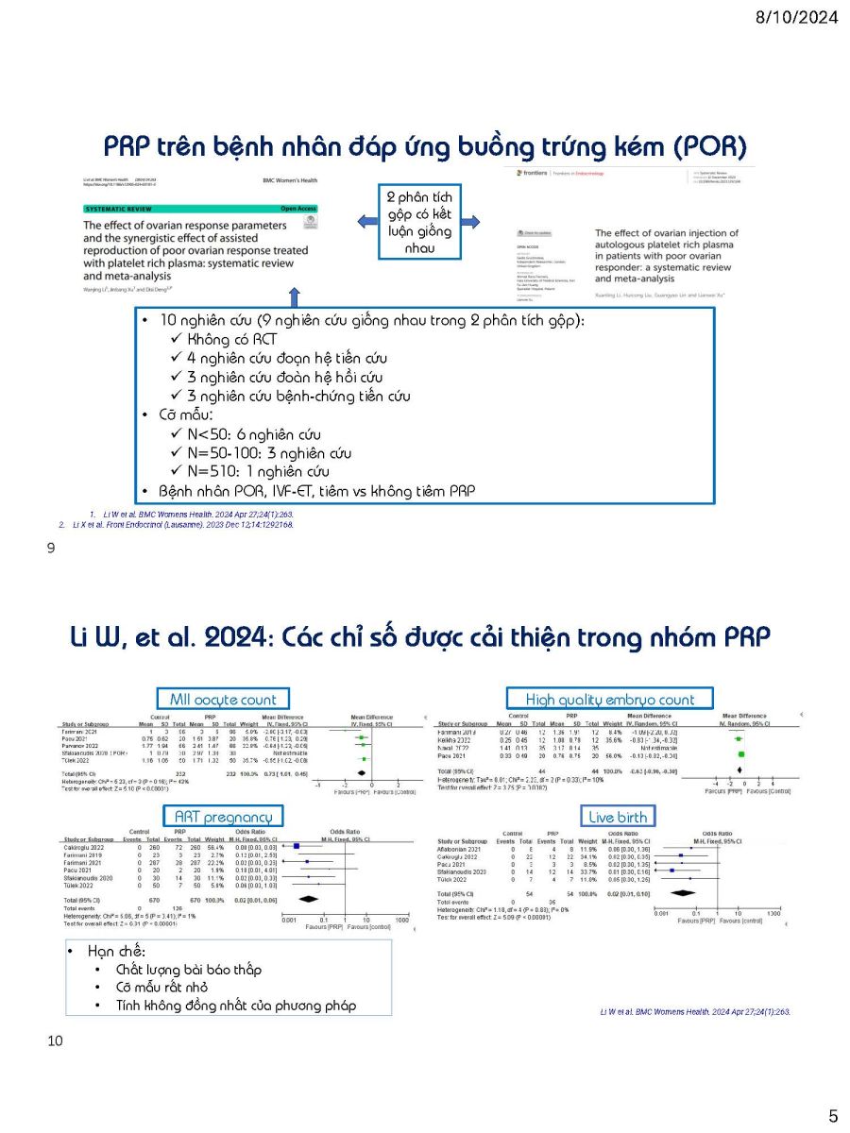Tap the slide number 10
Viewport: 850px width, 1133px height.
click(x=54, y=1041)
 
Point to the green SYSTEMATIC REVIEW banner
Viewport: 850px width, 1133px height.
click(x=199, y=208)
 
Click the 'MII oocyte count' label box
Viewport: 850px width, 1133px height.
click(x=223, y=700)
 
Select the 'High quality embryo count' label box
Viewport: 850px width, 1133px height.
click(x=609, y=700)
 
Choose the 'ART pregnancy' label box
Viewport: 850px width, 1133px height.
click(x=223, y=816)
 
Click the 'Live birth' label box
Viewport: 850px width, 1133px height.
click(x=619, y=816)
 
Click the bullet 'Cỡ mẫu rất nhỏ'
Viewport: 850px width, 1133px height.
click(x=161, y=988)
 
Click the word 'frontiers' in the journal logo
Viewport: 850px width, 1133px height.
click(x=547, y=173)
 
